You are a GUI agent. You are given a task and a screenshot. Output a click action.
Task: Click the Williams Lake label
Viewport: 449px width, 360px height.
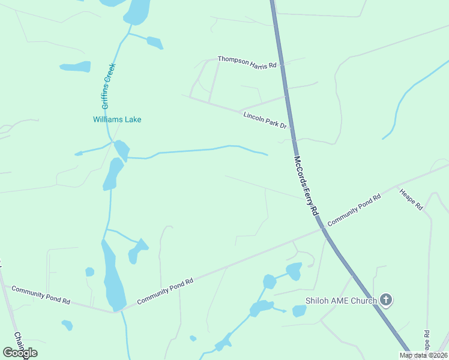[x=117, y=119]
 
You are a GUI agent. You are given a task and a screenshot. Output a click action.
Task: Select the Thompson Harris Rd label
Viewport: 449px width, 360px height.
[x=247, y=61]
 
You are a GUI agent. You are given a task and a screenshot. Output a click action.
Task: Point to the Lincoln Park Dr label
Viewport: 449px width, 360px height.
[x=266, y=119]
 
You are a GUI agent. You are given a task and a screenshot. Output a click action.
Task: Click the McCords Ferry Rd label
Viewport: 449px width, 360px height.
[x=305, y=186]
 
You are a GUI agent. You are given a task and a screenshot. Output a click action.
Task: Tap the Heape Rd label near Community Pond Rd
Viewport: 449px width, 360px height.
[x=411, y=199]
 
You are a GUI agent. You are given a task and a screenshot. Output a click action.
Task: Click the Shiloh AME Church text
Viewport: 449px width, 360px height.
[x=340, y=301]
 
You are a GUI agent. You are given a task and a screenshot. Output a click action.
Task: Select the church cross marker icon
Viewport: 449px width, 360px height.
[x=386, y=300]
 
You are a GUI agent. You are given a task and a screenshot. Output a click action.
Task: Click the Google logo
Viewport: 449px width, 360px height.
[x=20, y=352]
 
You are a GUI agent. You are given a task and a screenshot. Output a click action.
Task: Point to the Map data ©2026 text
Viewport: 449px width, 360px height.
[x=422, y=355]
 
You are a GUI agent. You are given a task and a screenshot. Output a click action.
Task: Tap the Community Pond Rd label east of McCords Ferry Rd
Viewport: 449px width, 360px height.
[x=354, y=210]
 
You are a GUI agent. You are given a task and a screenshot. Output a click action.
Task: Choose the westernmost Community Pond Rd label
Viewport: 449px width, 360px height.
[x=41, y=296]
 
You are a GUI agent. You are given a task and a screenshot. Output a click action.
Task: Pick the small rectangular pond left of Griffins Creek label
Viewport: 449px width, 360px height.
[x=75, y=67]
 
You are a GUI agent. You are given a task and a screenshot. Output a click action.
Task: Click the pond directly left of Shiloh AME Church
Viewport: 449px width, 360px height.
[x=299, y=311]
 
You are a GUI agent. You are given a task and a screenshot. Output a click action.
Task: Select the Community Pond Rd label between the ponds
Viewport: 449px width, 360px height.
[x=164, y=291]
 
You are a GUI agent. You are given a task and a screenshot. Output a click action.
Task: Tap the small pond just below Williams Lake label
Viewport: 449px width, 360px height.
[x=121, y=149]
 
